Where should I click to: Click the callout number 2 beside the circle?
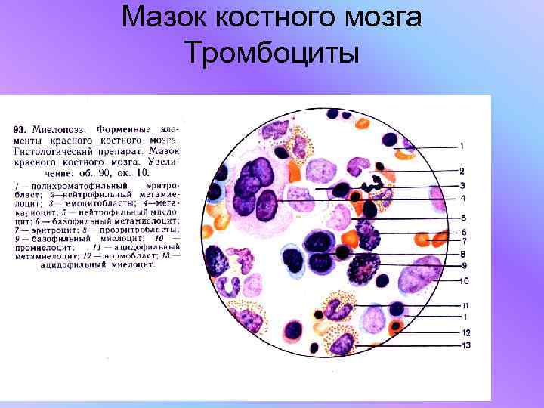[462, 171]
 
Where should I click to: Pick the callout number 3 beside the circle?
[462, 186]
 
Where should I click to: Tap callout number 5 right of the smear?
[462, 218]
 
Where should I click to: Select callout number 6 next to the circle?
[462, 231]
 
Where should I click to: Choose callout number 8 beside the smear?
[462, 254]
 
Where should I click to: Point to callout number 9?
[462, 265]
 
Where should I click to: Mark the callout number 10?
[464, 281]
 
